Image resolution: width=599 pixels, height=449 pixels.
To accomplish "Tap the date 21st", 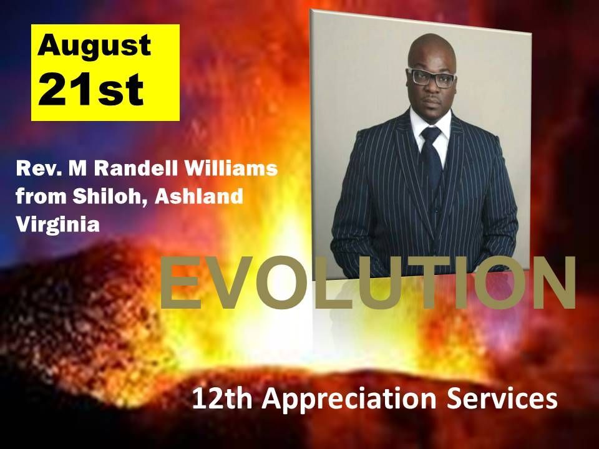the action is [x=90, y=89].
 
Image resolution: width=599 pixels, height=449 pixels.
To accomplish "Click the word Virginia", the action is [x=57, y=224].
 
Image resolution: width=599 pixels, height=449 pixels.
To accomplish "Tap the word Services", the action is [x=502, y=398].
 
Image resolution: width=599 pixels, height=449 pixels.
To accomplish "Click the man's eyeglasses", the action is [x=432, y=77].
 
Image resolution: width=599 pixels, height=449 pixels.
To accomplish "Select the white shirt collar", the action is [x=431, y=126].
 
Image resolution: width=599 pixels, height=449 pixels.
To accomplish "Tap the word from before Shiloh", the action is [x=41, y=196].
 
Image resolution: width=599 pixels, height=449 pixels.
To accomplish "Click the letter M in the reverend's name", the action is [x=78, y=169].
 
